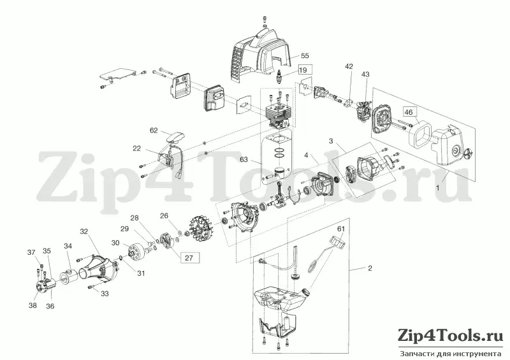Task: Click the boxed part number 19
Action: point(303,70)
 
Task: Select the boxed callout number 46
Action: point(409,112)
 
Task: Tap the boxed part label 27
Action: point(189,258)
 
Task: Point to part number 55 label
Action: point(305,56)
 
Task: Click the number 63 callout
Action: point(244,159)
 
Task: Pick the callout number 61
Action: point(340,229)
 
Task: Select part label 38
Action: point(33,305)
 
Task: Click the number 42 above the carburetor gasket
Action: point(349,66)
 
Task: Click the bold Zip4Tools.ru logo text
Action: point(451,336)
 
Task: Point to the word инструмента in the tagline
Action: point(483,354)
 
